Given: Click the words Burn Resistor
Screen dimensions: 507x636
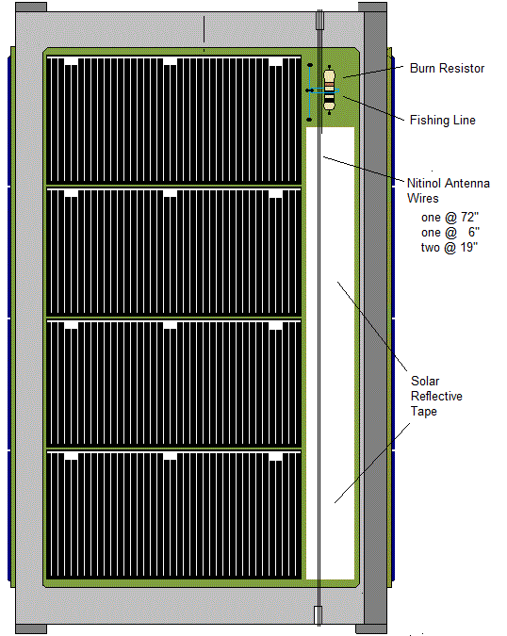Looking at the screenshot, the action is pos(447,68).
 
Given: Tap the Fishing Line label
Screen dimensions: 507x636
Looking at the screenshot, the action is pos(443,120).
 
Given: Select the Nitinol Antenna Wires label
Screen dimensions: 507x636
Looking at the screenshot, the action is pos(449,190).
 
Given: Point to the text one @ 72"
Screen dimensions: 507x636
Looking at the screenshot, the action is pos(450,218).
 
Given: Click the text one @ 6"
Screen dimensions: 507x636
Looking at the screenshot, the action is pos(450,233).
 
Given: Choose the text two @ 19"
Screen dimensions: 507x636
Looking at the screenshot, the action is pos(450,247).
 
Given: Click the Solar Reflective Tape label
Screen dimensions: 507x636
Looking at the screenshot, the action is pos(436,396).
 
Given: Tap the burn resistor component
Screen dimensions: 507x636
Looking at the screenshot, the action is pos(329,90).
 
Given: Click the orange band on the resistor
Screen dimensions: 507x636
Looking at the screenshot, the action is pos(329,85).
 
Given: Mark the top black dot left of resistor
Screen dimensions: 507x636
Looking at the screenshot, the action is pos(310,65).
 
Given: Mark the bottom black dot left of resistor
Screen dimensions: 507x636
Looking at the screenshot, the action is pos(309,120).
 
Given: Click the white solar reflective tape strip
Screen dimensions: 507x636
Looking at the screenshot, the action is pos(330,353).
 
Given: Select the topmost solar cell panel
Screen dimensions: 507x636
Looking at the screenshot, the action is pos(174,120).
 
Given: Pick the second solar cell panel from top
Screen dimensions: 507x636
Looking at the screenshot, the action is pos(174,252).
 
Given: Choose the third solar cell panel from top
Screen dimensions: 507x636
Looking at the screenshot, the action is pos(174,383).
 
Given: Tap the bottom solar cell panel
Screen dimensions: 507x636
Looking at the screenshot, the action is pos(174,514).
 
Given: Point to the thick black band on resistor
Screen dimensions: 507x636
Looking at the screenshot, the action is pos(329,98).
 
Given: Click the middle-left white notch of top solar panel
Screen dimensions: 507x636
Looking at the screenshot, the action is pos(170,61).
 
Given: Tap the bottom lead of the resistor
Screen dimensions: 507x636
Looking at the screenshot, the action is pos(329,112).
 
